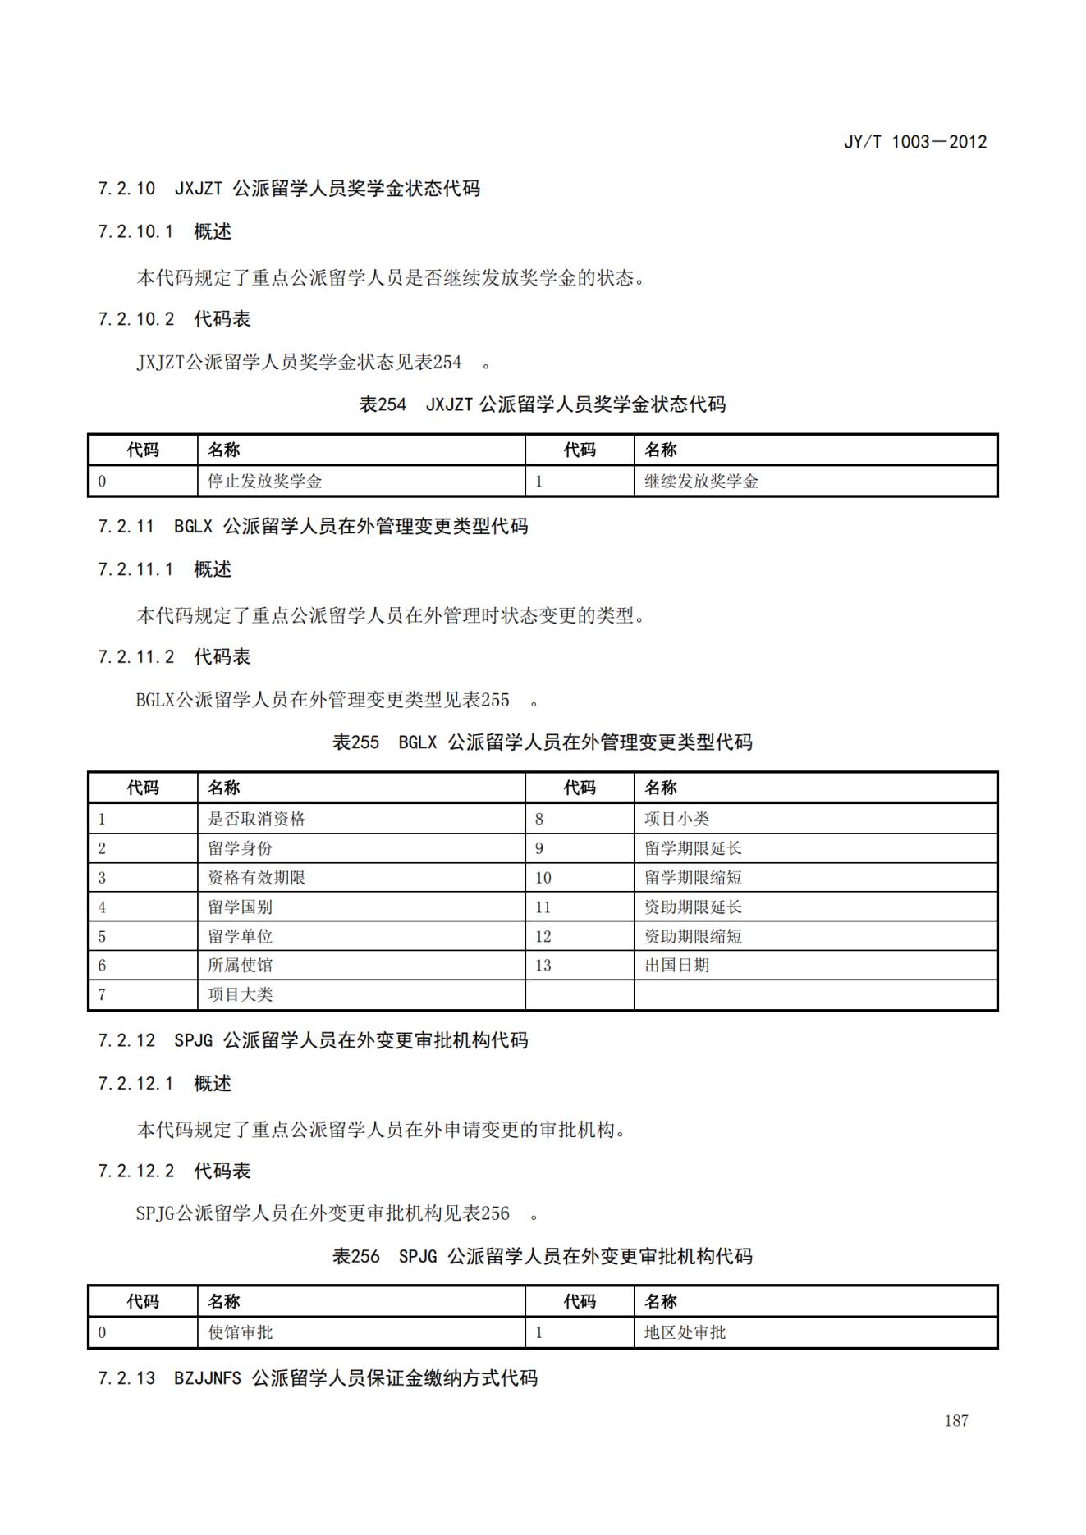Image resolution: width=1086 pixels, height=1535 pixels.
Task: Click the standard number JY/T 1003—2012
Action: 914,142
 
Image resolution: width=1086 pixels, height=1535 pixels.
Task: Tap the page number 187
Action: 955,1421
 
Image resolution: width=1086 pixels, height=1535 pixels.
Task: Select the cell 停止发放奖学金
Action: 264,482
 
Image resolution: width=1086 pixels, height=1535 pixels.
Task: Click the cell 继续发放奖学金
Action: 701,482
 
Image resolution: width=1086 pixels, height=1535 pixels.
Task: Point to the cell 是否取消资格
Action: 256,819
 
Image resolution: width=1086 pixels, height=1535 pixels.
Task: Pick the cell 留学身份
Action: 240,848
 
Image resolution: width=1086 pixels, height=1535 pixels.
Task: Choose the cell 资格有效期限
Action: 256,878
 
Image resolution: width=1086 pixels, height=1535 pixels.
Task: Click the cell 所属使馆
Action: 240,966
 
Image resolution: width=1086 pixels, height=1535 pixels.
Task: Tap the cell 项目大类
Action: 240,995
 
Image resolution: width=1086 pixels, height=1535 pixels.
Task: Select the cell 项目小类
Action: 676,819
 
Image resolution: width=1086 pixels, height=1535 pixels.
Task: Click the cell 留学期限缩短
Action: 693,878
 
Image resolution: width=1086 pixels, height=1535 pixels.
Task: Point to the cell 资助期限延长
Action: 693,907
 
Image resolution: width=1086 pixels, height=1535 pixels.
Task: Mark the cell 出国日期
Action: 676,966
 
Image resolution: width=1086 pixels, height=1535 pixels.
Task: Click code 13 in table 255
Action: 543,966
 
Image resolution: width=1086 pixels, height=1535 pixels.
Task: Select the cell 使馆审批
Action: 240,1333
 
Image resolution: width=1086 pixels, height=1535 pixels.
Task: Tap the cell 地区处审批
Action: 685,1333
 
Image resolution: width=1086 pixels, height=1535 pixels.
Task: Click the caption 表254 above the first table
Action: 383,404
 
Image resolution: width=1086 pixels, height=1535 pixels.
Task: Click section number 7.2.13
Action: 126,1378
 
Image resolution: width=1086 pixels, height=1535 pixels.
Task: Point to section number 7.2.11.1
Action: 135,569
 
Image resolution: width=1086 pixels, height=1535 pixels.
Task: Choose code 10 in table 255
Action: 543,878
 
